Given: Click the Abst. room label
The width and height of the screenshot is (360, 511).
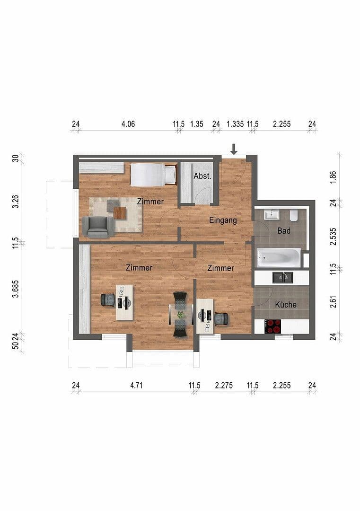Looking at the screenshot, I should (x=202, y=176).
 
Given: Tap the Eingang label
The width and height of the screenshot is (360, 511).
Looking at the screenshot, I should (x=223, y=220).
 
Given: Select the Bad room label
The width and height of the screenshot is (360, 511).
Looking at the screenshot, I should (x=284, y=231).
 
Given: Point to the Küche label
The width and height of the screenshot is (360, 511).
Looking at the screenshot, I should (x=286, y=305).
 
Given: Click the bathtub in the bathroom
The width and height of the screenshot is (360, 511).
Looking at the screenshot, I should (x=278, y=258).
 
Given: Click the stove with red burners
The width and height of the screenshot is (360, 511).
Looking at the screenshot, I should (x=272, y=326).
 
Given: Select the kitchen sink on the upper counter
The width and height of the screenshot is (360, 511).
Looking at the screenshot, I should (x=282, y=278).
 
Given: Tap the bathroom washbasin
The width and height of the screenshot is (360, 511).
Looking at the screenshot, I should (x=272, y=215).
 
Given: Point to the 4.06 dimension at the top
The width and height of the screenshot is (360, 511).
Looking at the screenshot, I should (x=128, y=124).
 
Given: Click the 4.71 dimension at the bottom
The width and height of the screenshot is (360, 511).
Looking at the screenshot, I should (x=136, y=385).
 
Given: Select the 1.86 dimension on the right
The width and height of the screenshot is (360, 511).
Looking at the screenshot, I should (x=333, y=178).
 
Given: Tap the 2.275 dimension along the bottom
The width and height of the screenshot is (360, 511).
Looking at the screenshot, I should (x=224, y=385).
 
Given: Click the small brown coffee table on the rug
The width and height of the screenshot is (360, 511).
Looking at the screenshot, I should (x=120, y=214).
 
